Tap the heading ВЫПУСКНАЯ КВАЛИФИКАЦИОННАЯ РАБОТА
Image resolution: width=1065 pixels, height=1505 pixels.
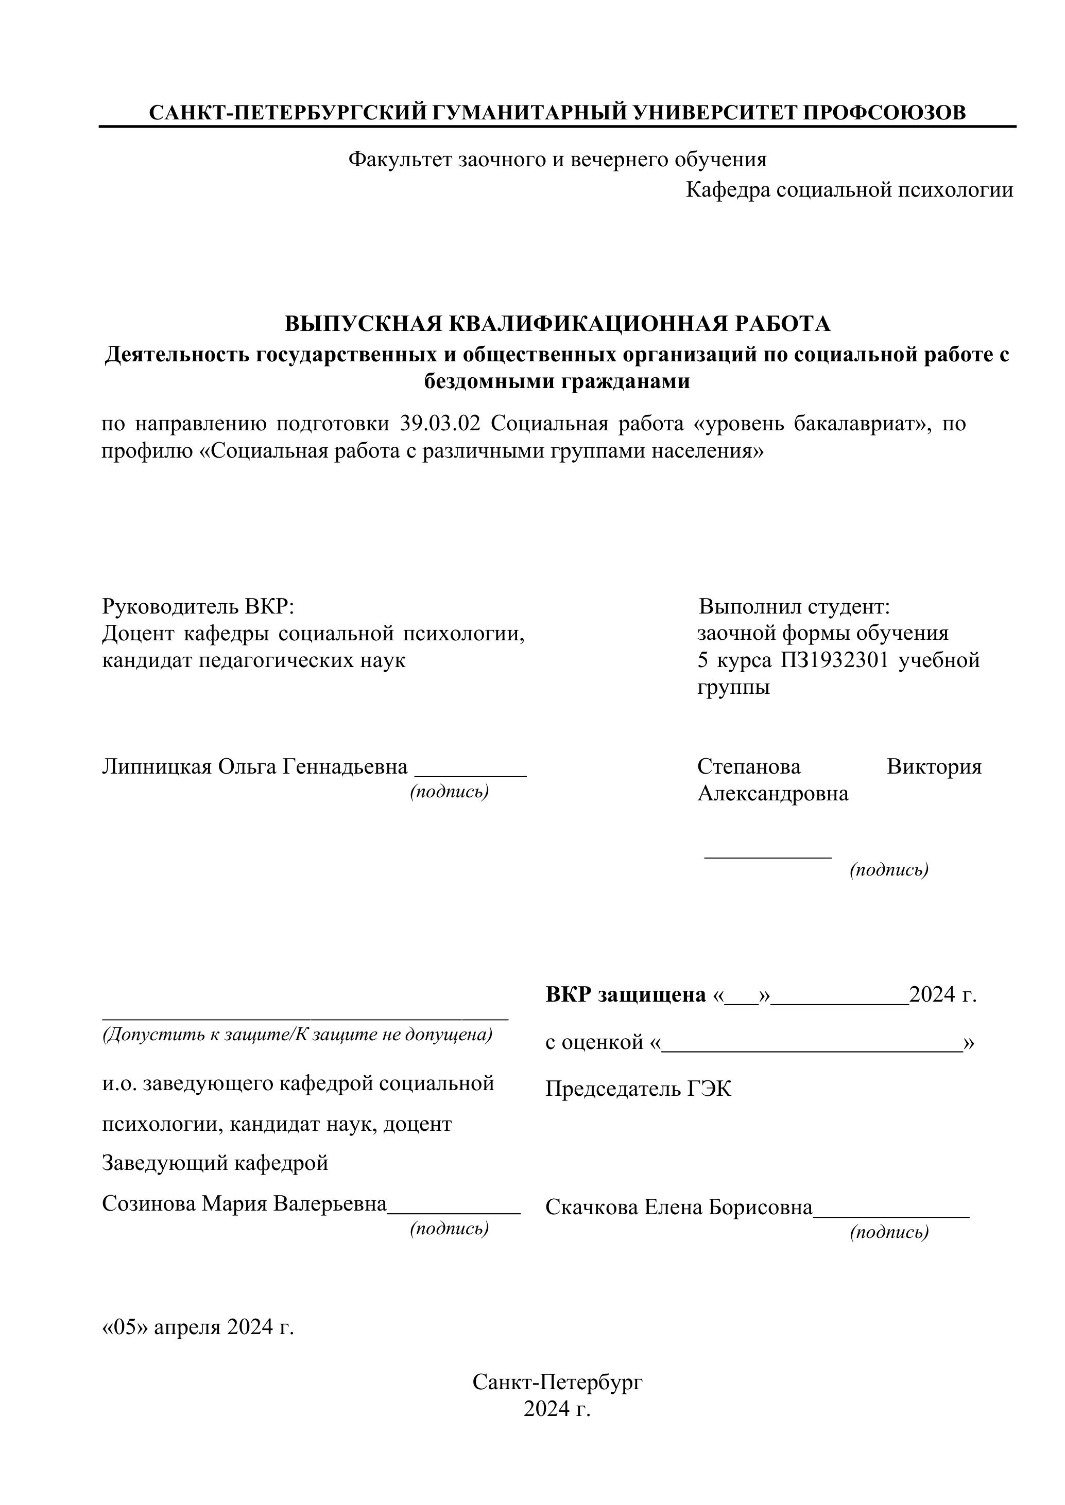(x=557, y=324)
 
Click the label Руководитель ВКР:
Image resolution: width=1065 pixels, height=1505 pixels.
(x=198, y=606)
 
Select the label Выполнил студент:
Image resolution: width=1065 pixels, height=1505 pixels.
(x=794, y=606)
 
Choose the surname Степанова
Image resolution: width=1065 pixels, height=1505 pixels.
(x=748, y=766)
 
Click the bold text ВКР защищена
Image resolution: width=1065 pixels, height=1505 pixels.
(x=626, y=995)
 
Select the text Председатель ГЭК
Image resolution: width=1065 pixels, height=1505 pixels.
(x=638, y=1090)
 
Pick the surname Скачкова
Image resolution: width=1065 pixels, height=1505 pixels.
(x=592, y=1207)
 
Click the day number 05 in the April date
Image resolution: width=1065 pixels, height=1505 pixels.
(x=127, y=1327)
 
